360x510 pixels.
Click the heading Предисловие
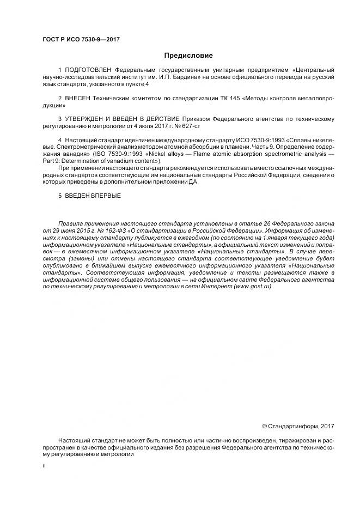click(x=188, y=55)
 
